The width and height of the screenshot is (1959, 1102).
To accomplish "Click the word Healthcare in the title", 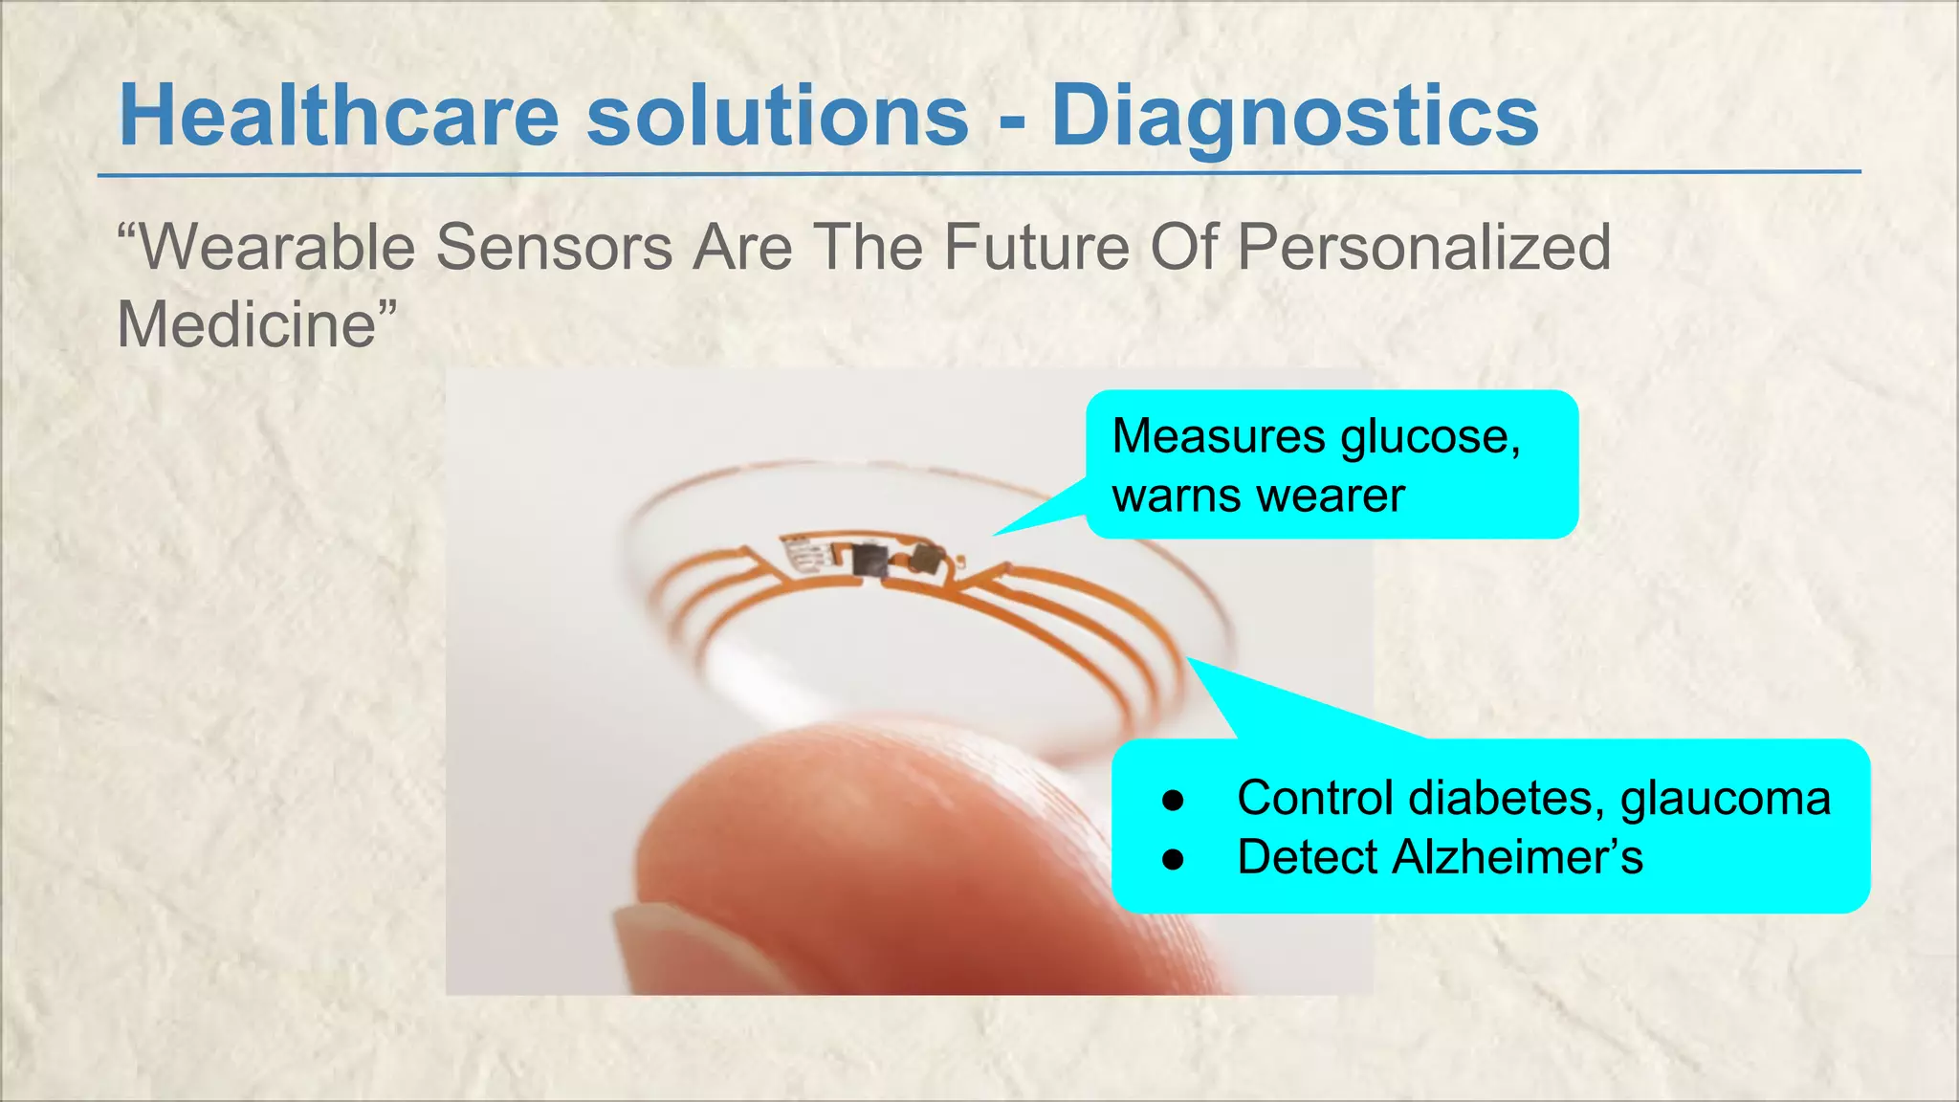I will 339,117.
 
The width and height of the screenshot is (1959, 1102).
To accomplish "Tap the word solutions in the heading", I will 778,117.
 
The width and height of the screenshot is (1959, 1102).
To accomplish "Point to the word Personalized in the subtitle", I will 1423,248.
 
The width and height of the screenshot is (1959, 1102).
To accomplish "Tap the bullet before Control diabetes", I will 1173,801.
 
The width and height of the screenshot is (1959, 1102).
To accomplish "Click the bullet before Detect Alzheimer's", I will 1173,859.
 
